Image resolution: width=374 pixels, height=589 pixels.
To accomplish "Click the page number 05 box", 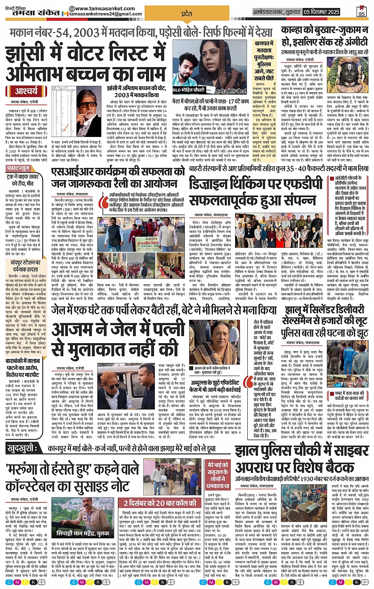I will (x=361, y=11).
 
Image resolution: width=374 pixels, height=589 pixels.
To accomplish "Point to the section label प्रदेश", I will (x=186, y=13).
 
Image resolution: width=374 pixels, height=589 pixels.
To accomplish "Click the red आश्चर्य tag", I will (x=27, y=91).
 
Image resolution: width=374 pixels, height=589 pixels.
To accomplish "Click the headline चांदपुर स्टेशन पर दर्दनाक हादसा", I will (x=26, y=266).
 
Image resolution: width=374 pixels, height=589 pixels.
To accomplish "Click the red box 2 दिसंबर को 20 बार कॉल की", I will (x=159, y=503).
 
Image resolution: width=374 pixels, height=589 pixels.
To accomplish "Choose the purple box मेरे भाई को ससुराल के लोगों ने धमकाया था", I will (x=218, y=475).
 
